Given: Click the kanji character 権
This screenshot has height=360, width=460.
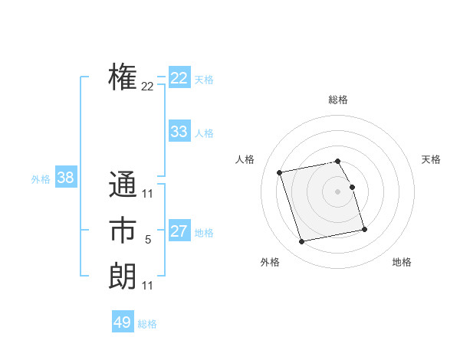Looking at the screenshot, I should pos(123,77).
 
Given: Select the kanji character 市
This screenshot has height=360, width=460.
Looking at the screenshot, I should pos(123,231).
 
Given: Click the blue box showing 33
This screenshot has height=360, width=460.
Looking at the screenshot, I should pos(179,132).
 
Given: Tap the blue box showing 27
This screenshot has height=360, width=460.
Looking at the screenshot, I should pos(179,231).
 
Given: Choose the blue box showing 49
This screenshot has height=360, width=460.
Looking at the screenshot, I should pos(123,322).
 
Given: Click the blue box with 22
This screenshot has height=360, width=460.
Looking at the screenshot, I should pos(179,78).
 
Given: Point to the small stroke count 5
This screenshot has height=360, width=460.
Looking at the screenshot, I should pos(148,240).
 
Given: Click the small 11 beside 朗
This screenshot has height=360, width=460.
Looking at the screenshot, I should pos(148,286).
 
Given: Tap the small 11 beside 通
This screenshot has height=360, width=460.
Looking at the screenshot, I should pos(148,194).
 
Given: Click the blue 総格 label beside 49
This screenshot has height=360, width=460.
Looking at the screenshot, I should pos(147,324).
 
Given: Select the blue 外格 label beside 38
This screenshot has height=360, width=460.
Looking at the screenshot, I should pos(41,179).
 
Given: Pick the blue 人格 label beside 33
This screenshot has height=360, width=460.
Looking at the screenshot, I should pos(204,133).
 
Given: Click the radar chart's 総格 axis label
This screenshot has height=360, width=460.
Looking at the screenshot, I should pos(338,100).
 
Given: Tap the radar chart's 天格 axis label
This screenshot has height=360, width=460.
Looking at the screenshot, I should pos(432,159).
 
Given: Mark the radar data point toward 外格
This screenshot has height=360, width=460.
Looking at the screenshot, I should pos(302,241).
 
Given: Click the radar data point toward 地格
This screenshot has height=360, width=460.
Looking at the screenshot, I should pos(364,229).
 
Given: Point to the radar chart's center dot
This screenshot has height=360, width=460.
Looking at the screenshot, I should pos(338,191).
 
